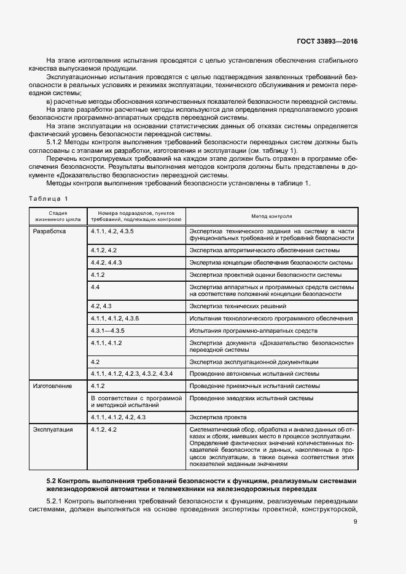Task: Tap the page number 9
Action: (355, 522)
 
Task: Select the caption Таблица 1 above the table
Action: (49, 198)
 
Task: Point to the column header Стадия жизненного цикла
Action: (55, 216)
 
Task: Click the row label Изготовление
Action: (52, 386)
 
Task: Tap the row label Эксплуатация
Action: (53, 430)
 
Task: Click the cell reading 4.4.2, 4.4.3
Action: (106, 262)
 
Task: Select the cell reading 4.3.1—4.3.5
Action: (107, 330)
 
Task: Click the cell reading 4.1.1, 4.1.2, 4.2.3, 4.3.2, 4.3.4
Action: (132, 373)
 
